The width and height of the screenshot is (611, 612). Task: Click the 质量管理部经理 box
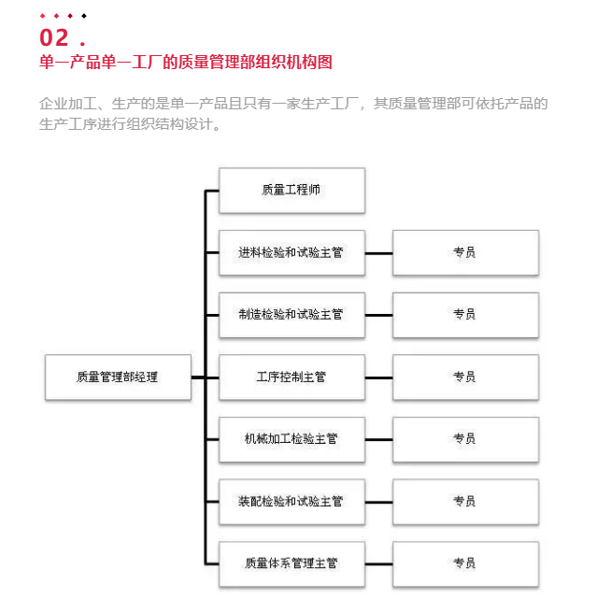[119, 377]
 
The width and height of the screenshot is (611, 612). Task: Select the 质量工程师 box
[291, 191]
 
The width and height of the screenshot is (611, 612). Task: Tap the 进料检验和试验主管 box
[291, 253]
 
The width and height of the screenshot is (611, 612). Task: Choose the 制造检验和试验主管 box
[291, 315]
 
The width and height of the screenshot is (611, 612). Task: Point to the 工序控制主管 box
[291, 377]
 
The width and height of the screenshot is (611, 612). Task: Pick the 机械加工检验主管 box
[291, 439]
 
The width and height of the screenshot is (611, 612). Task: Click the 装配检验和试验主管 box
[291, 502]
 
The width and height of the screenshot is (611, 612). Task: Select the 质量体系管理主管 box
[291, 564]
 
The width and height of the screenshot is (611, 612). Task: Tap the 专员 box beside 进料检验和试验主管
[466, 253]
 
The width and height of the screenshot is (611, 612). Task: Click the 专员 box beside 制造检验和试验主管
[466, 315]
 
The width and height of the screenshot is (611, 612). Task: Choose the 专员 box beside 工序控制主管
[466, 377]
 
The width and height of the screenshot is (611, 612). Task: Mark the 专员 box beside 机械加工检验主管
[466, 439]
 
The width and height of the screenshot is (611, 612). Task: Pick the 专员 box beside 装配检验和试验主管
[466, 502]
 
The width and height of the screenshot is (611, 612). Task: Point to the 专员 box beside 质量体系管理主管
[466, 564]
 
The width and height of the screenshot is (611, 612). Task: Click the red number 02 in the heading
[54, 38]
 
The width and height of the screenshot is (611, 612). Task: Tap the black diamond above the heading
[84, 16]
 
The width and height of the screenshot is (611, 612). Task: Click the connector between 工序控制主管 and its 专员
[379, 377]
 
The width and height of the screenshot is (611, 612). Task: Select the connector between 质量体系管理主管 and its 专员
[379, 564]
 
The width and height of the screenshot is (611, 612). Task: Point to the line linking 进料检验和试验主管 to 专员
[379, 253]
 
